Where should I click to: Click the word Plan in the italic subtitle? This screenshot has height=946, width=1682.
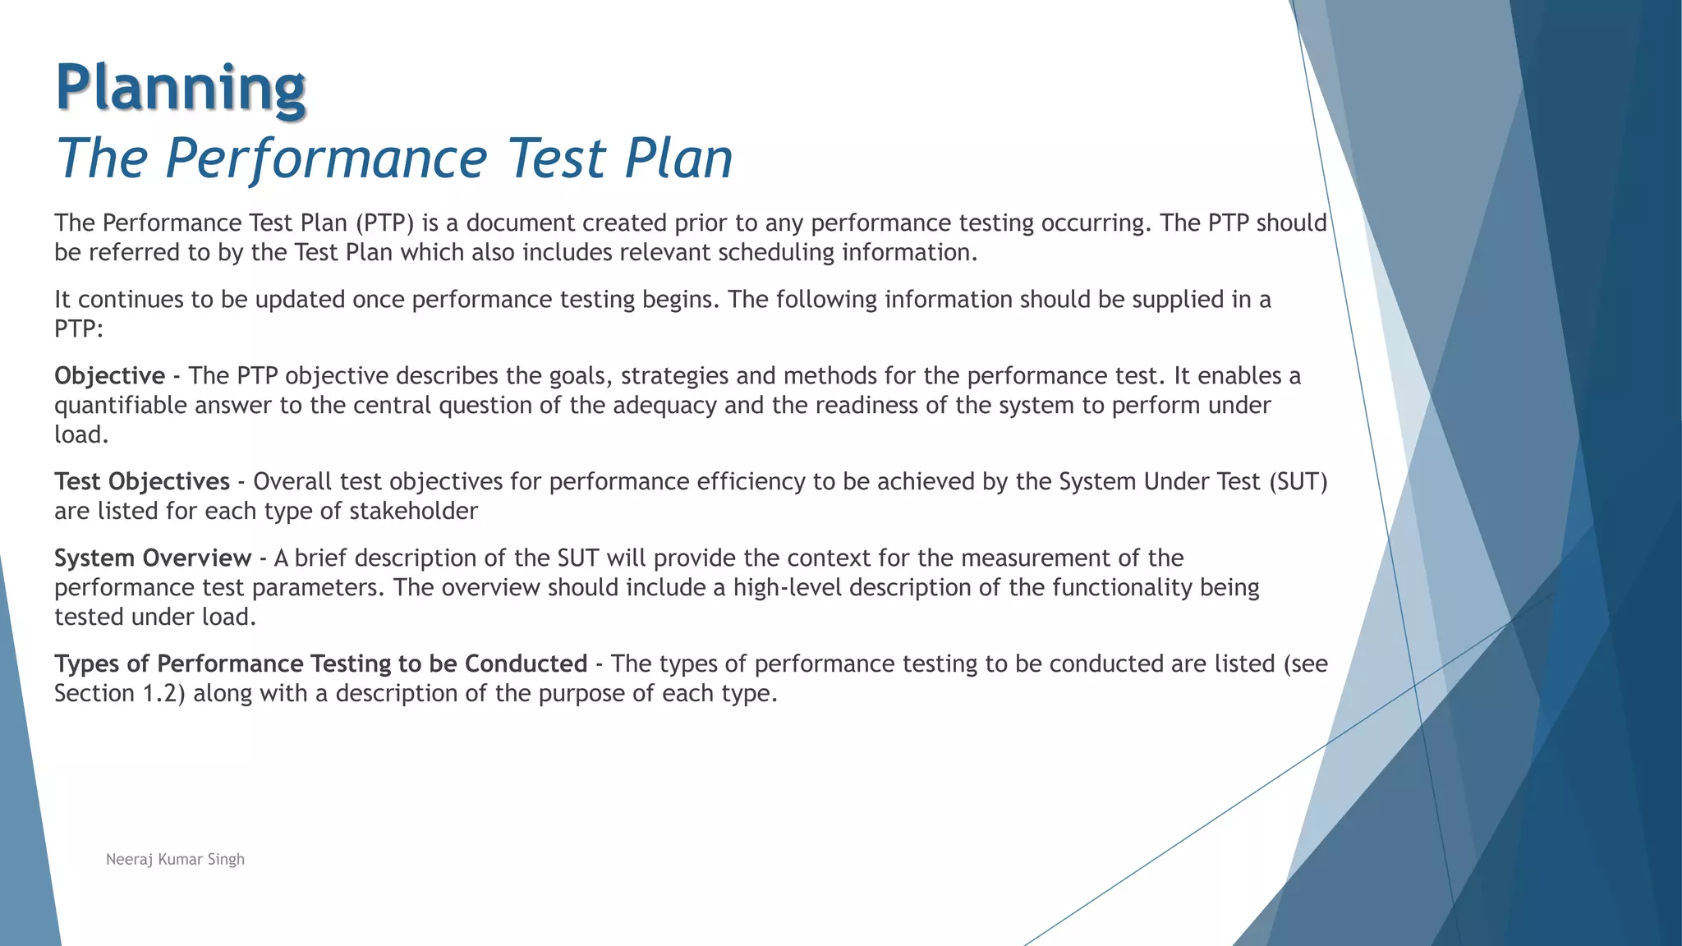click(678, 158)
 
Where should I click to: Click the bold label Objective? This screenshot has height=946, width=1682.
click(110, 376)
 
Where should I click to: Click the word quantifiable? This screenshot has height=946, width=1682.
click(121, 406)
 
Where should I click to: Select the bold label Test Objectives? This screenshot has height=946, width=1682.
click(142, 482)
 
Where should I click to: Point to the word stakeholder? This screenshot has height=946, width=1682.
click(413, 512)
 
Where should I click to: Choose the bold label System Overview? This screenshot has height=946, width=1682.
click(153, 558)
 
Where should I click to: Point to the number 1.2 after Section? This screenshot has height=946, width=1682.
click(159, 694)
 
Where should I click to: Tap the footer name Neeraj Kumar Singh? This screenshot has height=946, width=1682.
click(175, 860)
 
